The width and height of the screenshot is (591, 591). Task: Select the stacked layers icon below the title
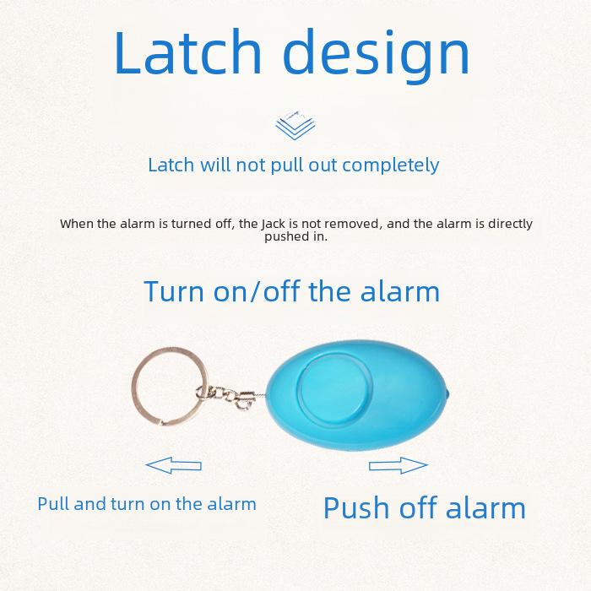pos(295,126)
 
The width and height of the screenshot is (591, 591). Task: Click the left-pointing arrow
pos(173,464)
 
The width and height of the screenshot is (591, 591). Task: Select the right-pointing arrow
pos(399,465)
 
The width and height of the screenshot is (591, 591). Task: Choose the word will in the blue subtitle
pos(215,165)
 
